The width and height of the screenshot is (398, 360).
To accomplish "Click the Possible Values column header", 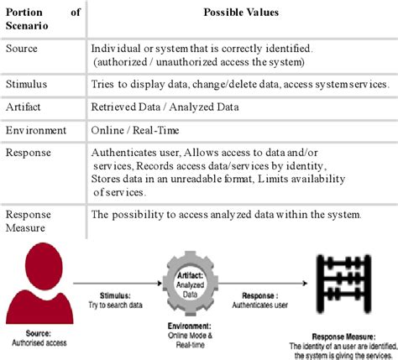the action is [239, 15].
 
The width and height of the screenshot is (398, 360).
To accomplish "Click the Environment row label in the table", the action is [37, 131].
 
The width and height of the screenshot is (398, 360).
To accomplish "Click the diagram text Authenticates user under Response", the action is [267, 306].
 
